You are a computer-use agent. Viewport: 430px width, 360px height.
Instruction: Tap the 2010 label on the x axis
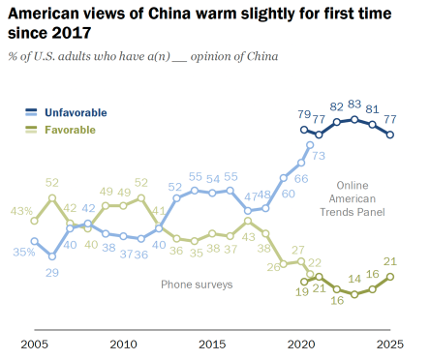(x=123, y=344)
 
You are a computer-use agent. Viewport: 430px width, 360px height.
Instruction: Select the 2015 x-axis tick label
(x=212, y=344)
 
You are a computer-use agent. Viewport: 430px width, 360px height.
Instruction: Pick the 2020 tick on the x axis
(x=301, y=344)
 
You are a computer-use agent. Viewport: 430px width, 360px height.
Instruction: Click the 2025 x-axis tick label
(x=390, y=344)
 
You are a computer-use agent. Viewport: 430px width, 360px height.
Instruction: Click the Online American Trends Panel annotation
(x=361, y=198)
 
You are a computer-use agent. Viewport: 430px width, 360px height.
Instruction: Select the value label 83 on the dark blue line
(x=354, y=105)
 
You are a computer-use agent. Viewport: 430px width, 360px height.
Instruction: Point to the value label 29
(x=52, y=274)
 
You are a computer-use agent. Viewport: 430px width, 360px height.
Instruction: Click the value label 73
(x=318, y=156)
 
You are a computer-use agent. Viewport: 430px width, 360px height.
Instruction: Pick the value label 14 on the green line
(x=354, y=278)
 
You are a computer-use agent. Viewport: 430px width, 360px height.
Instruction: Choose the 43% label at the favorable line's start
(x=21, y=212)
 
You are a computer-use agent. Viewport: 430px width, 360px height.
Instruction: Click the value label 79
(x=303, y=113)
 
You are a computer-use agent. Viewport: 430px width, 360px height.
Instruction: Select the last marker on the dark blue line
(x=390, y=135)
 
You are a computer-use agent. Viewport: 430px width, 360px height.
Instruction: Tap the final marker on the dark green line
(x=390, y=276)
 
